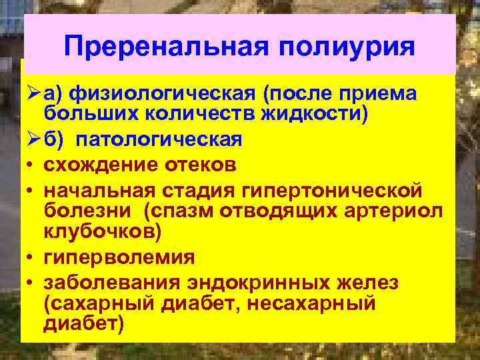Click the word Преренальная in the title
pyautogui.click(x=165, y=47)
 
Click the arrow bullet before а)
pyautogui.click(x=29, y=94)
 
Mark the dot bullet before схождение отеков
pyautogui.click(x=29, y=166)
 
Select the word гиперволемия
pyautogui.click(x=119, y=257)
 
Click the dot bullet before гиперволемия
pyautogui.click(x=29, y=257)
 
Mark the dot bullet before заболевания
pyautogui.click(x=29, y=283)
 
